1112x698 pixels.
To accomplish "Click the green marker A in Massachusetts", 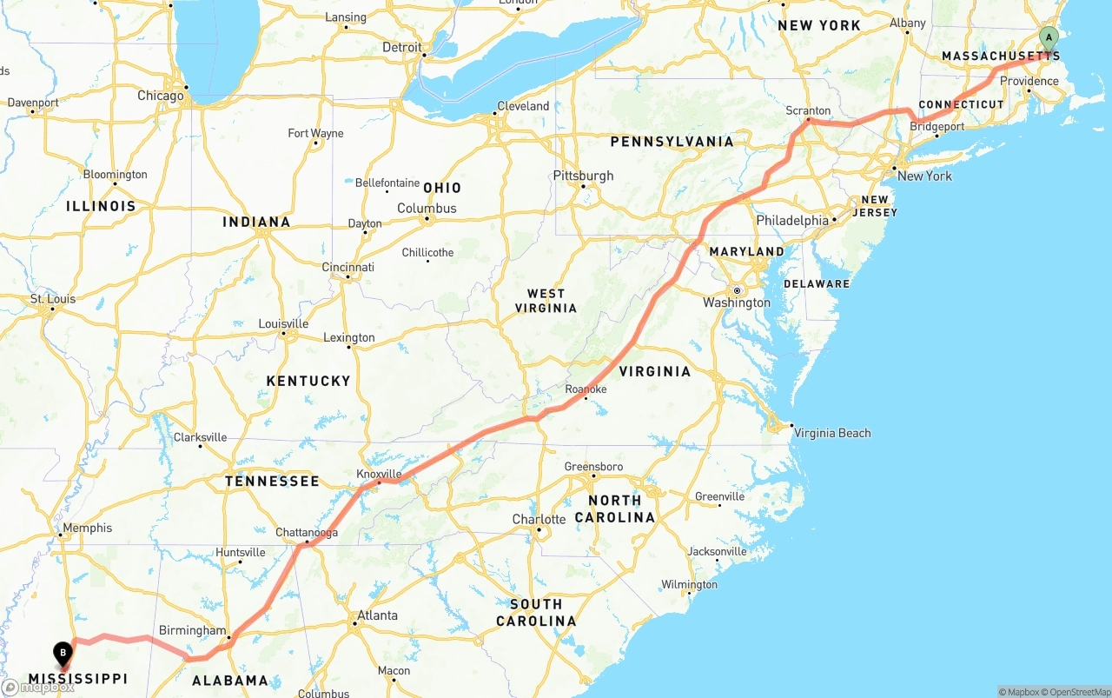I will [x=1049, y=37].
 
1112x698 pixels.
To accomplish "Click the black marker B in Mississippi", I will [x=63, y=652].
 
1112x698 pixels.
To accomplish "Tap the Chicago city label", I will [x=161, y=96].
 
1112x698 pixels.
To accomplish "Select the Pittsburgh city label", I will [x=583, y=176].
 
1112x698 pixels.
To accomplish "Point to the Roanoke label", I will [x=586, y=389].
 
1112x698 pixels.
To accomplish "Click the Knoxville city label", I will [x=379, y=474].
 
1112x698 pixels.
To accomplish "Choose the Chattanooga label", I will [x=306, y=533].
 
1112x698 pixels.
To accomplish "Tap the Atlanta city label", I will [x=377, y=615].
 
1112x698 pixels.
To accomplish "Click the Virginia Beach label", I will [x=831, y=433].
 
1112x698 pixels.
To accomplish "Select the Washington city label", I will [x=737, y=302].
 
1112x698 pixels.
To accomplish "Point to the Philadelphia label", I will [x=792, y=221].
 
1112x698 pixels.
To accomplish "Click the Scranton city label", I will [x=807, y=111].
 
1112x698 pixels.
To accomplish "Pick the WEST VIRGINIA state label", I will [x=546, y=301].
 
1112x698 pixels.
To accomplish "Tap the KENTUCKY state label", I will [x=308, y=381].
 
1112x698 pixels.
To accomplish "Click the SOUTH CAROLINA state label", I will [x=536, y=612].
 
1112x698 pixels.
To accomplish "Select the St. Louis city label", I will [x=53, y=299].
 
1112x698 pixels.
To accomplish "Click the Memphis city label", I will [x=87, y=528].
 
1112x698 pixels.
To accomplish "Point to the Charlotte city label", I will [x=539, y=520].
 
